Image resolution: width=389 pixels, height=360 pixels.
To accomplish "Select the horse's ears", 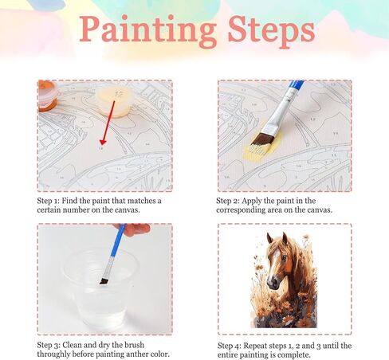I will (276, 237).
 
